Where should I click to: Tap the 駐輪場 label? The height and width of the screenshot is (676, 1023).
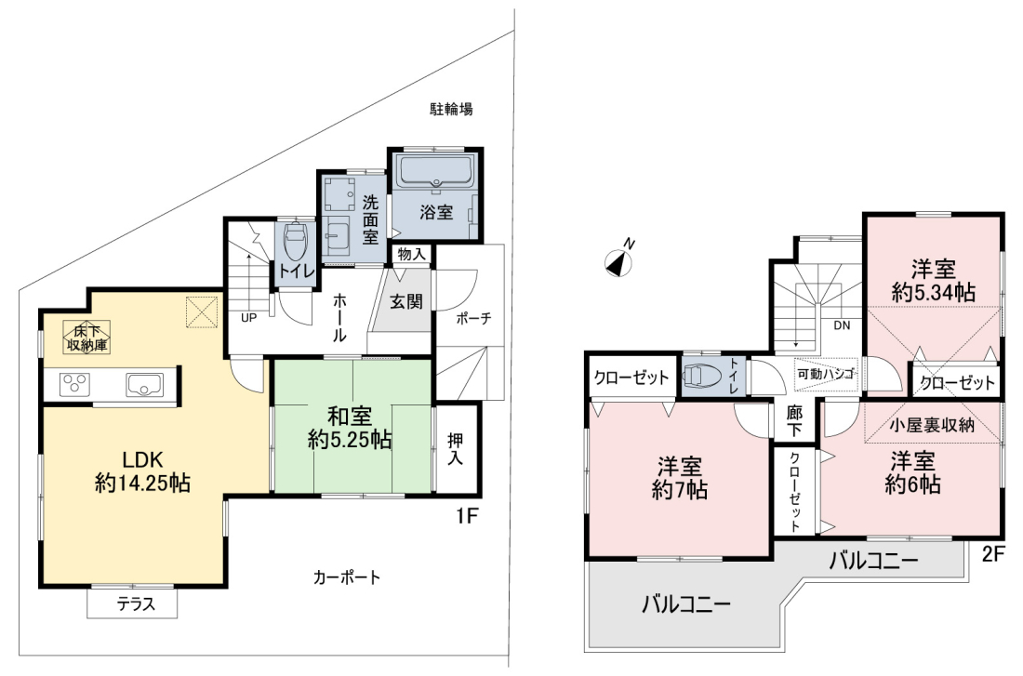pos(451,109)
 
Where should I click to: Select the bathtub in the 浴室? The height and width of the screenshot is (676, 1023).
pos(436,171)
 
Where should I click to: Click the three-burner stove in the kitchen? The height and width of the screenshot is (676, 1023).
pos(75,383)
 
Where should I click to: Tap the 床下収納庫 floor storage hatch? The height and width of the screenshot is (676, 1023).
pos(86,337)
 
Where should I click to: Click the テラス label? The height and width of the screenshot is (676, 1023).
pos(137,604)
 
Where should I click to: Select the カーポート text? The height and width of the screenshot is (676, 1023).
pos(346,577)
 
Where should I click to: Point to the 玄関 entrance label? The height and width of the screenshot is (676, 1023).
pos(405,301)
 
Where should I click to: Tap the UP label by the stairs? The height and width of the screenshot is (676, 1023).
pos(248,318)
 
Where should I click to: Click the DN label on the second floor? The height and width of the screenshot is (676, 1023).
pos(842,325)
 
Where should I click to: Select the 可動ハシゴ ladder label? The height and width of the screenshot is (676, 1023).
pos(825,375)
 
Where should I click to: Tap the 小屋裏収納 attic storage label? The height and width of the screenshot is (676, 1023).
pos(932,426)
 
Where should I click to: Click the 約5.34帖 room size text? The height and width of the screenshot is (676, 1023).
pos(933,293)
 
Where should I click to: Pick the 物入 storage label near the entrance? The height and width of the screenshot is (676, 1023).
pos(411,254)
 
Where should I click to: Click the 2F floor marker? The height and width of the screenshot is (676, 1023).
pos(992,554)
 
